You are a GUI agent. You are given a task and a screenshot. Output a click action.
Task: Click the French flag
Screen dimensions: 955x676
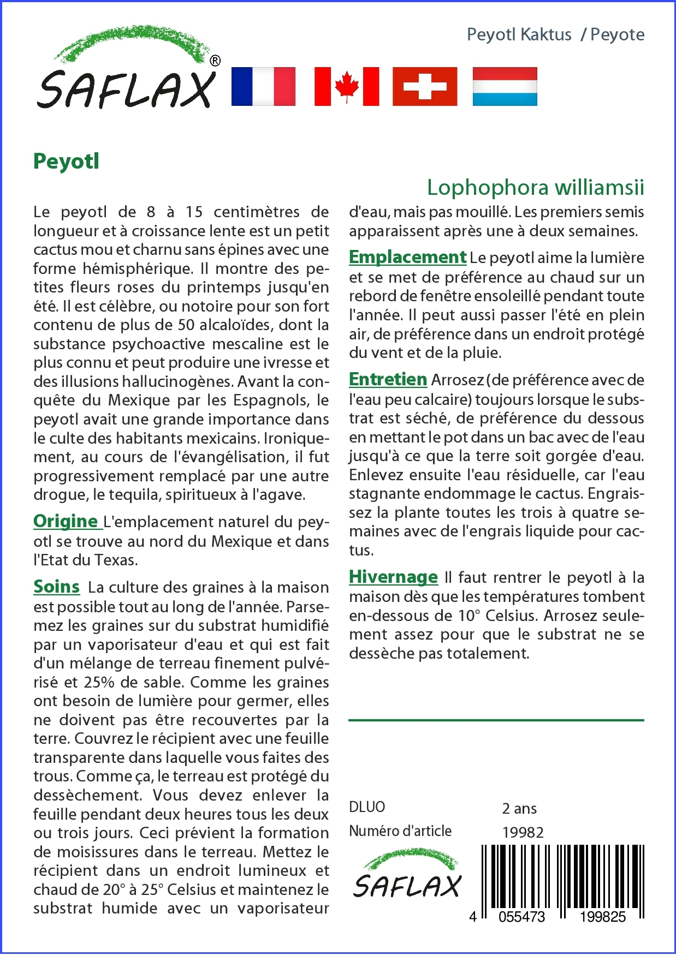[x=263, y=86]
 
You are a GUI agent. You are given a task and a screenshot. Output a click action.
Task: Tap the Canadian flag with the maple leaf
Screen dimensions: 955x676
[x=347, y=86]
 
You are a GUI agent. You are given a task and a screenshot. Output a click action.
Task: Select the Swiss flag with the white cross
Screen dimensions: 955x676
[x=425, y=86]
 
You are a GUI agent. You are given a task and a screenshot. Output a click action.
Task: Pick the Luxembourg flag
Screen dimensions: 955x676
[x=505, y=86]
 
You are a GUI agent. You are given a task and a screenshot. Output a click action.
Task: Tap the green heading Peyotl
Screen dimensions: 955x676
[x=66, y=162]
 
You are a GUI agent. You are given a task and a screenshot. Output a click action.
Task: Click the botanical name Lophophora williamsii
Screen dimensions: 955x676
[x=535, y=187]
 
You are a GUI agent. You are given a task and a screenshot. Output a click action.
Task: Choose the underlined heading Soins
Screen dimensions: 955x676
[x=56, y=587]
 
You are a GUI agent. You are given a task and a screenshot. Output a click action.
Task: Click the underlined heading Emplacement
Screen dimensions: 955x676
[x=407, y=257]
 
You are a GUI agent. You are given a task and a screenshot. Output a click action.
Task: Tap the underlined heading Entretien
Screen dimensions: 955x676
[x=388, y=379]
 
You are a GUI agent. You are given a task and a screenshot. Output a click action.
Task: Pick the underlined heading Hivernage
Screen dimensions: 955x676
[x=393, y=577]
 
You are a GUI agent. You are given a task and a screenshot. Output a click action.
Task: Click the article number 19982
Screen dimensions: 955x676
[x=523, y=832]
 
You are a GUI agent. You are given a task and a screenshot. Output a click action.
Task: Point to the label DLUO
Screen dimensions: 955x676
[x=367, y=807]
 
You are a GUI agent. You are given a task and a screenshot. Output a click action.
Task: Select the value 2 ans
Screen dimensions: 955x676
[x=519, y=808]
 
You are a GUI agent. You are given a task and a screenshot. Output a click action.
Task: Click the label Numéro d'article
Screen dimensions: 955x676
[x=400, y=831]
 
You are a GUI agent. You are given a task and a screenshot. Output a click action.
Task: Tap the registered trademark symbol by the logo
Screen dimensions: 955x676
[x=215, y=61]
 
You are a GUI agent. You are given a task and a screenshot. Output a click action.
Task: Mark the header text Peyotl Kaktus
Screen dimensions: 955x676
[x=519, y=34]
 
